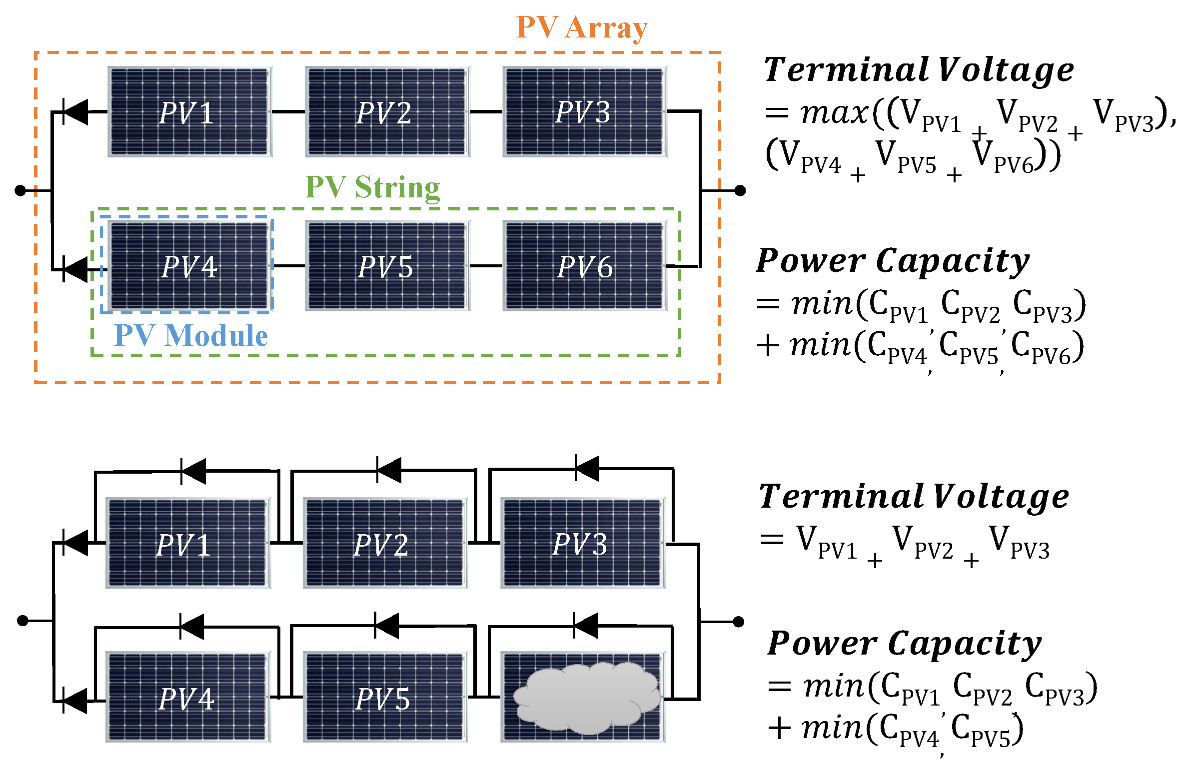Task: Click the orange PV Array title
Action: tap(581, 27)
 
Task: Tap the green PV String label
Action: tap(372, 187)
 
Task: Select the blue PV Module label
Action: tap(191, 335)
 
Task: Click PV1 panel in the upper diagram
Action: tap(189, 112)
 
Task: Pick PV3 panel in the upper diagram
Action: tap(584, 112)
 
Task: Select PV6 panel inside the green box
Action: tap(584, 266)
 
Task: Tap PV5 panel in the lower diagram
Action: tap(385, 697)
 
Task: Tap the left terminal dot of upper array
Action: tap(20, 190)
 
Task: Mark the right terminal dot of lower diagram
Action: tap(739, 622)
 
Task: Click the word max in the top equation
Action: tap(834, 112)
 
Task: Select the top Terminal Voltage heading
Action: tap(919, 69)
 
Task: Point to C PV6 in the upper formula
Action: tap(1047, 346)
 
